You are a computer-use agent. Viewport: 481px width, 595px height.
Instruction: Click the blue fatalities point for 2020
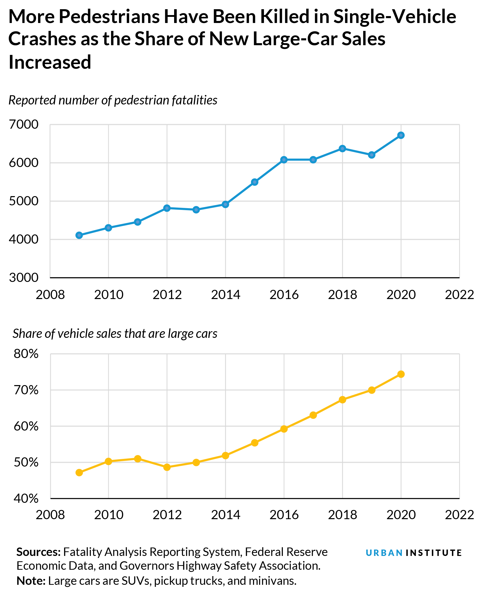point(401,135)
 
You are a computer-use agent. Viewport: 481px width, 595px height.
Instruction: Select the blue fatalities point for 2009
point(79,235)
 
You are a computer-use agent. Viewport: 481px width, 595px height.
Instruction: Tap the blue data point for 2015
point(255,182)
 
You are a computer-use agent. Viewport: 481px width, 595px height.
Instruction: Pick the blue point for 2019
point(371,155)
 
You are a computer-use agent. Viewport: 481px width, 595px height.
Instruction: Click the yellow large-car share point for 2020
point(401,374)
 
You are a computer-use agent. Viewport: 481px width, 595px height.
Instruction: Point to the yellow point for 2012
point(167,467)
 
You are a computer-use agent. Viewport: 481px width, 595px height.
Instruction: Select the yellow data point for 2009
point(79,472)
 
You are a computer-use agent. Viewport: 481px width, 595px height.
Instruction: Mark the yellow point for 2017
point(313,415)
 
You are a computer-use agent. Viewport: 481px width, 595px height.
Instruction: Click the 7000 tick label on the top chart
point(23,125)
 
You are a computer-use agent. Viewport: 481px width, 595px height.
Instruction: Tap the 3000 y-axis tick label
point(23,278)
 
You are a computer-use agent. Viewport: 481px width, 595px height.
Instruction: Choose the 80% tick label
point(26,354)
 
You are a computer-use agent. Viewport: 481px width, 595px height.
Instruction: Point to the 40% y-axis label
point(26,498)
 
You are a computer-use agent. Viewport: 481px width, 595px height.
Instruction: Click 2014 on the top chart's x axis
point(225,295)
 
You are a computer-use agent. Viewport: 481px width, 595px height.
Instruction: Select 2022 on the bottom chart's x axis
point(459,515)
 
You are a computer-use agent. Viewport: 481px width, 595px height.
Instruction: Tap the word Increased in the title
point(50,62)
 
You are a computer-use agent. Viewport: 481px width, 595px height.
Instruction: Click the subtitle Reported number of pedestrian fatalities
point(113,100)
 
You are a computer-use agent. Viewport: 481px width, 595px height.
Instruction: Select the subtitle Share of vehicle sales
point(115,334)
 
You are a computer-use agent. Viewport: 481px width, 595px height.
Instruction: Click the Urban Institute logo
point(413,553)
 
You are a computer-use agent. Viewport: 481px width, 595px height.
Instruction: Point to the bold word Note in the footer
point(30,581)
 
